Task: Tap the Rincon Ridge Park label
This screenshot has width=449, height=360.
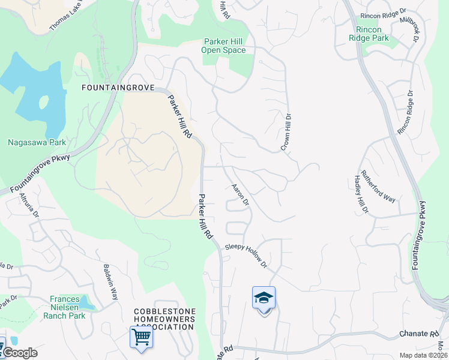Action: [x=369, y=33]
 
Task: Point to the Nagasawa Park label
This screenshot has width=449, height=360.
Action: [x=37, y=143]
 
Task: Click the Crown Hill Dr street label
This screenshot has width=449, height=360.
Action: [x=286, y=132]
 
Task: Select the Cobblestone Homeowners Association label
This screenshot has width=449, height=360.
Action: [x=155, y=319]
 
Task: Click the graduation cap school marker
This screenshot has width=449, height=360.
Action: [x=264, y=298]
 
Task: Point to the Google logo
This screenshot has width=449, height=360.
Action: [x=19, y=353]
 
